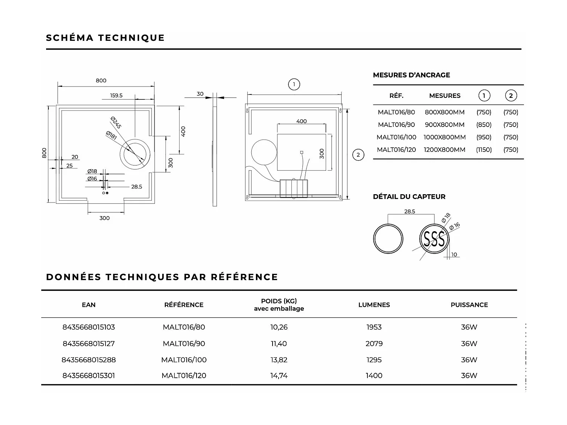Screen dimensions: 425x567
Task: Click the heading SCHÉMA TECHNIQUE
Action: [105, 38]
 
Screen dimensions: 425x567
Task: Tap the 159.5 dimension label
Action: [116, 96]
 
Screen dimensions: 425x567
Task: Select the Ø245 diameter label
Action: [116, 123]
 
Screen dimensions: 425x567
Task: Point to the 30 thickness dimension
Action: [200, 94]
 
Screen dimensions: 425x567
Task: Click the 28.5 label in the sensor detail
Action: [409, 212]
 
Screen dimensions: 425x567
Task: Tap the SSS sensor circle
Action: [434, 239]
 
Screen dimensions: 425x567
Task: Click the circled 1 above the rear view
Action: [294, 84]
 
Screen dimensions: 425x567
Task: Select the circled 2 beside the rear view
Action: [358, 155]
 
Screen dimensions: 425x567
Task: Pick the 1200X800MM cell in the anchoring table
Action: [445, 150]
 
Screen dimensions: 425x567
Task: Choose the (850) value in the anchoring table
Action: [484, 125]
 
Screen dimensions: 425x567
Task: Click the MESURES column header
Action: [445, 96]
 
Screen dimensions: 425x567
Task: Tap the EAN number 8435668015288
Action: [89, 360]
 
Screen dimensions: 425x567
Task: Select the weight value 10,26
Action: [279, 327]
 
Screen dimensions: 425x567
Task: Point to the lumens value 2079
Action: [374, 343]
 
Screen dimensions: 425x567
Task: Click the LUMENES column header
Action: [374, 305]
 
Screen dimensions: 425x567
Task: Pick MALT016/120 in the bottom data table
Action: [184, 376]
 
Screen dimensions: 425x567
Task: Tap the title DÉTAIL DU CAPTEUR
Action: [409, 196]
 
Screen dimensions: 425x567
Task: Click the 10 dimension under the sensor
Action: [454, 255]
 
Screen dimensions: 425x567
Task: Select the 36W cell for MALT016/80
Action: [469, 327]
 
